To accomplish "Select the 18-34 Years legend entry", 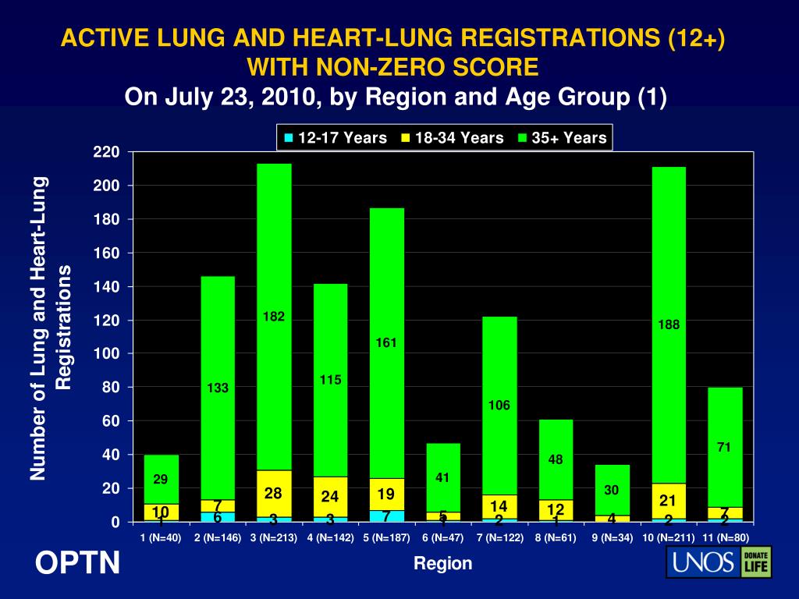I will coord(452,138).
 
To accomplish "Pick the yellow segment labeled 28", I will coord(274,493).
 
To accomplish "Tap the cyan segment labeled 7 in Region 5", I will coord(387,516).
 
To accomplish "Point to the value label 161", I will coord(387,342).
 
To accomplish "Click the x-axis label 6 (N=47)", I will coord(443,538).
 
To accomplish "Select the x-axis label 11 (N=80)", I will coord(725,538).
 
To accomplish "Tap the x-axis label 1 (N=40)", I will coord(161,538).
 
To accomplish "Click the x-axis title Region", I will coord(443,563).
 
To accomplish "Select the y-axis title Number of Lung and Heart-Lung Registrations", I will coord(51,328).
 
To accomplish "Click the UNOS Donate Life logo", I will coord(718,562).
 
